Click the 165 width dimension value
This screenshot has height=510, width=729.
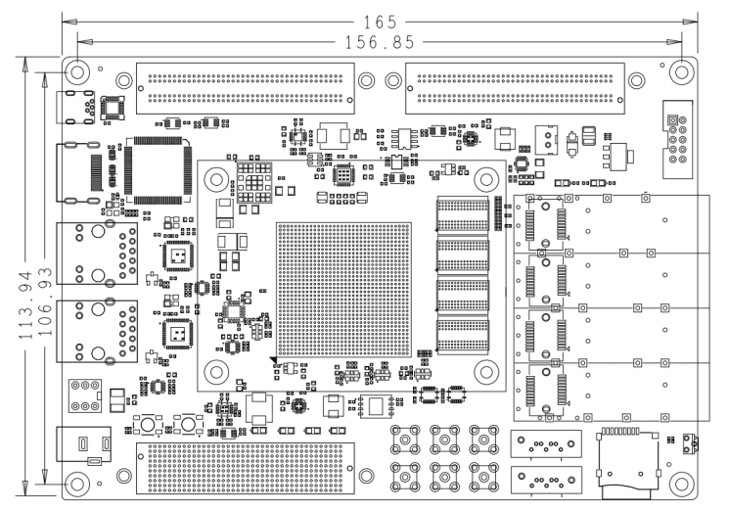click(x=380, y=22)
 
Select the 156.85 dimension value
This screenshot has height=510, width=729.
click(x=380, y=42)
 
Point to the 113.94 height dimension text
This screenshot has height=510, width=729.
click(x=26, y=304)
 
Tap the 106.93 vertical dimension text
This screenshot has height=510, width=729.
click(x=45, y=301)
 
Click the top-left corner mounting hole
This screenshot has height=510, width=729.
click(x=77, y=72)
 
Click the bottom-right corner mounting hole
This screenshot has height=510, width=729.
click(x=682, y=484)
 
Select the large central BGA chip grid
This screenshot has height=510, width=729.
click(x=343, y=290)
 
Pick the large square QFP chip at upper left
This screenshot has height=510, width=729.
click(x=159, y=170)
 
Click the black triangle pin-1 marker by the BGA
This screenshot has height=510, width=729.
click(x=273, y=360)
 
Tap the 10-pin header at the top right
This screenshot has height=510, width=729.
click(x=677, y=139)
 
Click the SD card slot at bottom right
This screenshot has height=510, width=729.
click(x=627, y=463)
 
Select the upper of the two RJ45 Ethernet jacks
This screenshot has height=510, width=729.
click(x=97, y=254)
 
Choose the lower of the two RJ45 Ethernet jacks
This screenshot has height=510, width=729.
click(x=97, y=332)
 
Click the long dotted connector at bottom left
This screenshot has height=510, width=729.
click(x=245, y=468)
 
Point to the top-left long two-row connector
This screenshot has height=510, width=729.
click(x=245, y=88)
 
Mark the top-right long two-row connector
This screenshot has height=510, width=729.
click(x=515, y=88)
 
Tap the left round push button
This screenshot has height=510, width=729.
click(x=148, y=424)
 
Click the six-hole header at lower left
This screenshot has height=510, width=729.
click(x=85, y=395)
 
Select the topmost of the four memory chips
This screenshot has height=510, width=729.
click(x=463, y=213)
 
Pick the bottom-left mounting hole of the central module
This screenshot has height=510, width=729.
click(x=215, y=372)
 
